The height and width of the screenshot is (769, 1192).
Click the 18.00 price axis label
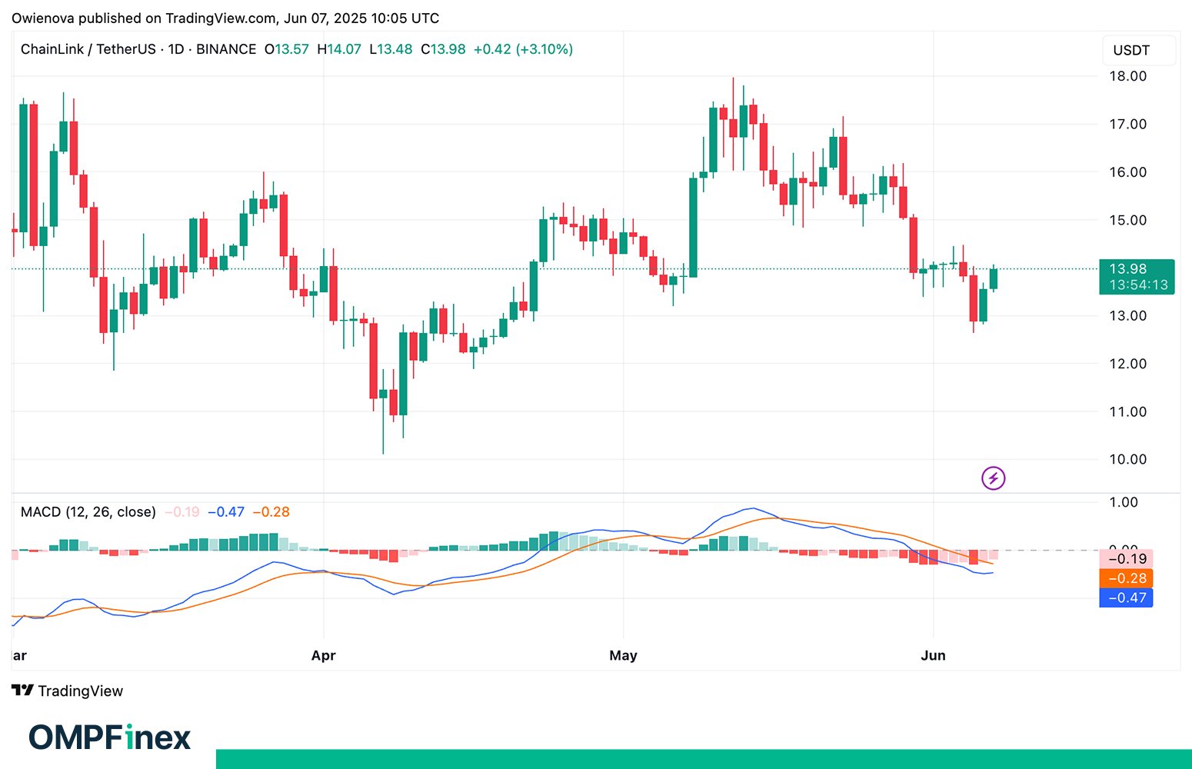(1127, 76)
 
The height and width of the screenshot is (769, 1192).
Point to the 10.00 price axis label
(1127, 459)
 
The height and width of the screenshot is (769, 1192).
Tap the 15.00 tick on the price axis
(1127, 220)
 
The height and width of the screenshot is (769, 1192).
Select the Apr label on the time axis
(324, 655)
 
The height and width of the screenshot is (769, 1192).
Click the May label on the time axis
(623, 655)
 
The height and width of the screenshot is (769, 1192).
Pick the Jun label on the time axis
(933, 655)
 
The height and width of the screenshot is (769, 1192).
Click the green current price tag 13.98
(1137, 276)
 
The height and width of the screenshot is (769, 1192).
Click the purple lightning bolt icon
(994, 478)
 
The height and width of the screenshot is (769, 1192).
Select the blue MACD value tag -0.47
(1127, 598)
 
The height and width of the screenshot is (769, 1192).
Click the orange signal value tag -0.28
(1127, 578)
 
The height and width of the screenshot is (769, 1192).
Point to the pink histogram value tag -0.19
(1127, 559)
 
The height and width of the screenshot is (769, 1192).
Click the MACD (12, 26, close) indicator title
(88, 512)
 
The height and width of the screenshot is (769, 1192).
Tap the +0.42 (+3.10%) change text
(523, 49)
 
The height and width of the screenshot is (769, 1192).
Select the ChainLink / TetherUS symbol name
(88, 49)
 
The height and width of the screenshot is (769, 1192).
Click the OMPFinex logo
(110, 737)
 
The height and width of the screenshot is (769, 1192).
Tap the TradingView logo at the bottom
(68, 691)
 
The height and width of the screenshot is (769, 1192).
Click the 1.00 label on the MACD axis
(1124, 502)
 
